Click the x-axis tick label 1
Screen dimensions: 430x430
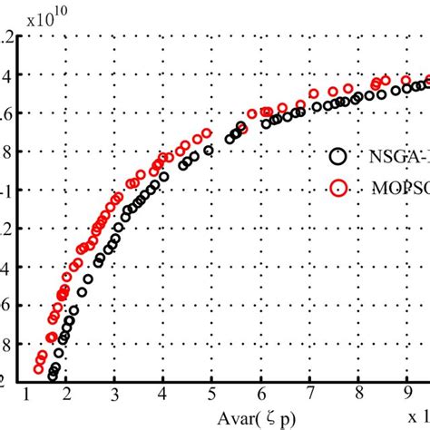26,392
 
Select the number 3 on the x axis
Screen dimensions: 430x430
115,392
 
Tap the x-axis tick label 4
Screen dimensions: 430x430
163,392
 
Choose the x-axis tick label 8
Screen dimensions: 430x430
359,392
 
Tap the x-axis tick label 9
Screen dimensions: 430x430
407,392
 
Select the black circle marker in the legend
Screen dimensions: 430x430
338,155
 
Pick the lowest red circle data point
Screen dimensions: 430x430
39,368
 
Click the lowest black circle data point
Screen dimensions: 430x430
54,375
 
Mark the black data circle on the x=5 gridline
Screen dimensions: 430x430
210,150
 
